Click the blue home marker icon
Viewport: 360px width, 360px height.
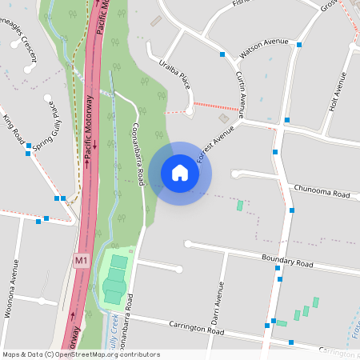click(180, 173)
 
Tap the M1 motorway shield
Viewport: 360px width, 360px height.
click(81, 260)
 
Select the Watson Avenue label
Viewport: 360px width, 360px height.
click(263, 51)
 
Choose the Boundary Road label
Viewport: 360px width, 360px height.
click(287, 262)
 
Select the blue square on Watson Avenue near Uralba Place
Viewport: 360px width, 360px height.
click(222, 54)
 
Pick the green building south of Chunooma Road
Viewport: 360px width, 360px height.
click(239, 206)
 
